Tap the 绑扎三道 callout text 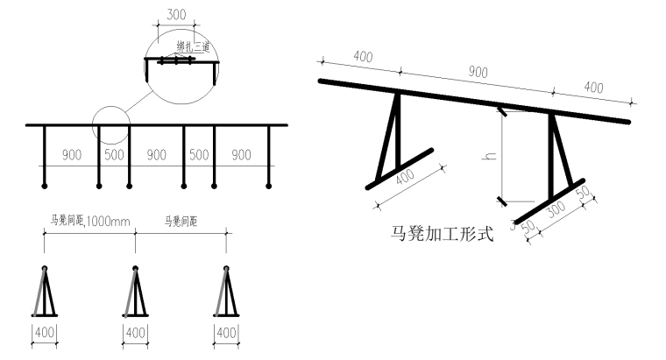(191, 47)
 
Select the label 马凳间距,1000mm (90, 222)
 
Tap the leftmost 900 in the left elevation (72, 155)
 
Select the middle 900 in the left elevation (156, 155)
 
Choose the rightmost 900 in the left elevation (241, 155)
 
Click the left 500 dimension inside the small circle (114, 155)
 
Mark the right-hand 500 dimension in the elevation (199, 155)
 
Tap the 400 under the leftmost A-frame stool (45, 333)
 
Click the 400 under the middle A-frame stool (135, 333)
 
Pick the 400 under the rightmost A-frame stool (226, 333)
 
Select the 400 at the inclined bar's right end (593, 88)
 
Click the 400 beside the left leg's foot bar (405, 178)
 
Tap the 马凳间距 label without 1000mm (181, 222)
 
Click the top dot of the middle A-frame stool (135, 268)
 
